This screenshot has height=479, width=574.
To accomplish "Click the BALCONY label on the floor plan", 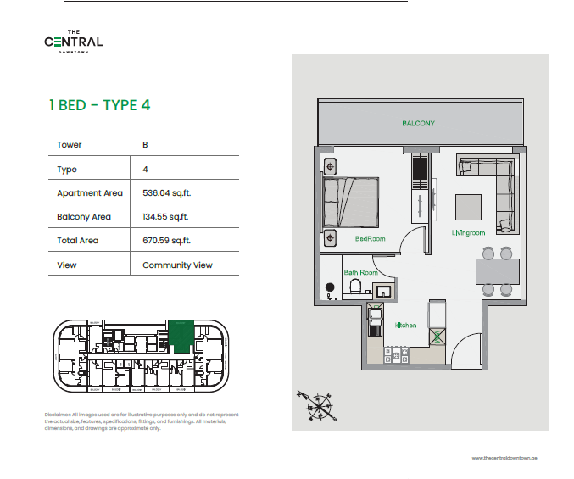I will click(x=418, y=124).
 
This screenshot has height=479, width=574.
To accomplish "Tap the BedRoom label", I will click(x=370, y=239).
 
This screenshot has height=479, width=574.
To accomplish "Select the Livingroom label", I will click(x=468, y=231).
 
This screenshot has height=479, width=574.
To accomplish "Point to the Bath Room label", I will click(x=360, y=273).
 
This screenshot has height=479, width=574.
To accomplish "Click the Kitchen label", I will click(x=405, y=326).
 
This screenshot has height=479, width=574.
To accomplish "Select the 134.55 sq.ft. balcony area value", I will click(x=165, y=216).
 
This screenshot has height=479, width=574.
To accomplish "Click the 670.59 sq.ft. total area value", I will click(x=165, y=241).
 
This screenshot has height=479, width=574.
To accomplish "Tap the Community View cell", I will click(x=177, y=265).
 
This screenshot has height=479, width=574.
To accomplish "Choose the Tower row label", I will click(x=70, y=145).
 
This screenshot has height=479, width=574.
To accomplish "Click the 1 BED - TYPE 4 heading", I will click(x=100, y=106).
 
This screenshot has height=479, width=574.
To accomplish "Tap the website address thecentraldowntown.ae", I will click(x=504, y=457).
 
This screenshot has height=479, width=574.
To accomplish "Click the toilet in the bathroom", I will click(x=355, y=288).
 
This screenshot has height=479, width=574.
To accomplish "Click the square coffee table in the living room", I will click(x=468, y=206).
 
